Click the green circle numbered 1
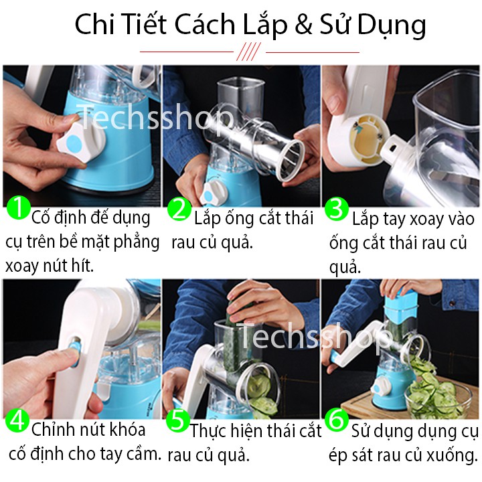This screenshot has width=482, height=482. click(x=19, y=208)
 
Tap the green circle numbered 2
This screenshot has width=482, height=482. click(x=179, y=209)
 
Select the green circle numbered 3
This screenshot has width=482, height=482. click(x=337, y=209)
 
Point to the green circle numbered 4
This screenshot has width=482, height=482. click(x=17, y=420)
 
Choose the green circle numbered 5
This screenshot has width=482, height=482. click(x=177, y=420)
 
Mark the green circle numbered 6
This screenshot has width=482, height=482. click(x=337, y=420)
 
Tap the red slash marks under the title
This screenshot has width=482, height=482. click(x=249, y=52)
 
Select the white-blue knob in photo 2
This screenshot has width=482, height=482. click(x=214, y=193)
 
